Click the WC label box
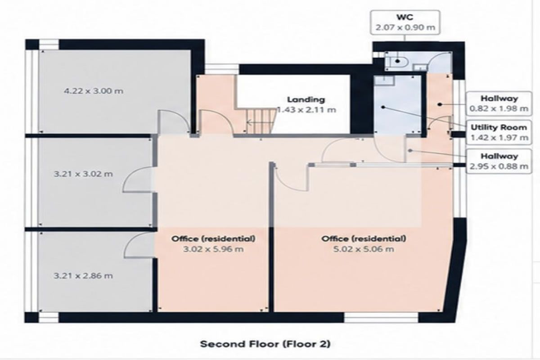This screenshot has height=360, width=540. click(405, 22)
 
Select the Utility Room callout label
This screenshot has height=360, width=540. click(499, 132)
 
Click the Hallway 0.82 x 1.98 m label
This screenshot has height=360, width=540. click(499, 103)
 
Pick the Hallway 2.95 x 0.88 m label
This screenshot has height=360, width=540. click(499, 161)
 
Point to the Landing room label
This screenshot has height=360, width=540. click(306, 99)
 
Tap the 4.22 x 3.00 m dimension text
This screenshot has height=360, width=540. click(94, 91)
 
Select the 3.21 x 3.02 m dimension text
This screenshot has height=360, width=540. click(83, 174)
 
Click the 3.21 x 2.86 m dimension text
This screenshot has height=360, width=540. click(83, 275)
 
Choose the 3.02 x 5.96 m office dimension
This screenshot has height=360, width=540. click(213, 249)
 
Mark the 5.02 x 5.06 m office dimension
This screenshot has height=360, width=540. click(364, 249)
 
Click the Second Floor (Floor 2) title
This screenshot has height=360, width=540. click(265, 344)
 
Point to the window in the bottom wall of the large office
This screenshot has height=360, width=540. click(381, 318)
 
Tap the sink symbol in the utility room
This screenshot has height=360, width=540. click(384, 80)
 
